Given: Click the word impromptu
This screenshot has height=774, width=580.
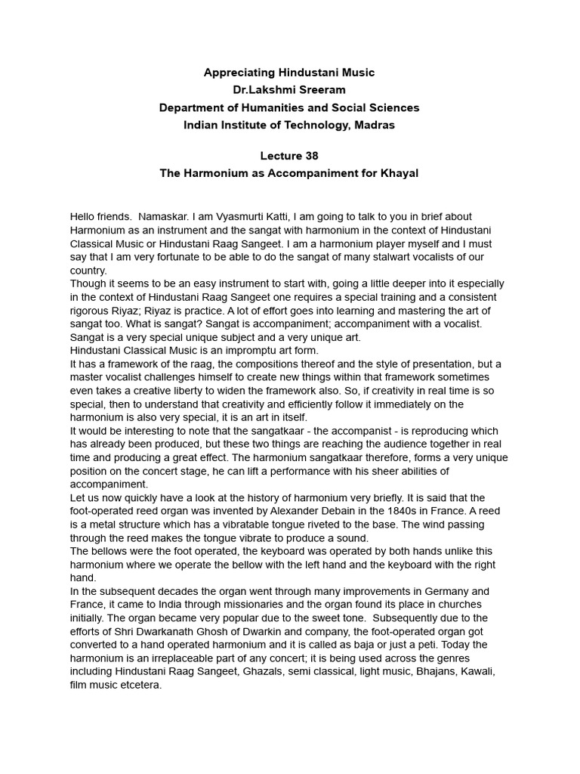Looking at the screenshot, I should coord(256,351).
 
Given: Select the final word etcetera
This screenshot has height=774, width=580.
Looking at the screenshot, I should coord(140,686).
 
